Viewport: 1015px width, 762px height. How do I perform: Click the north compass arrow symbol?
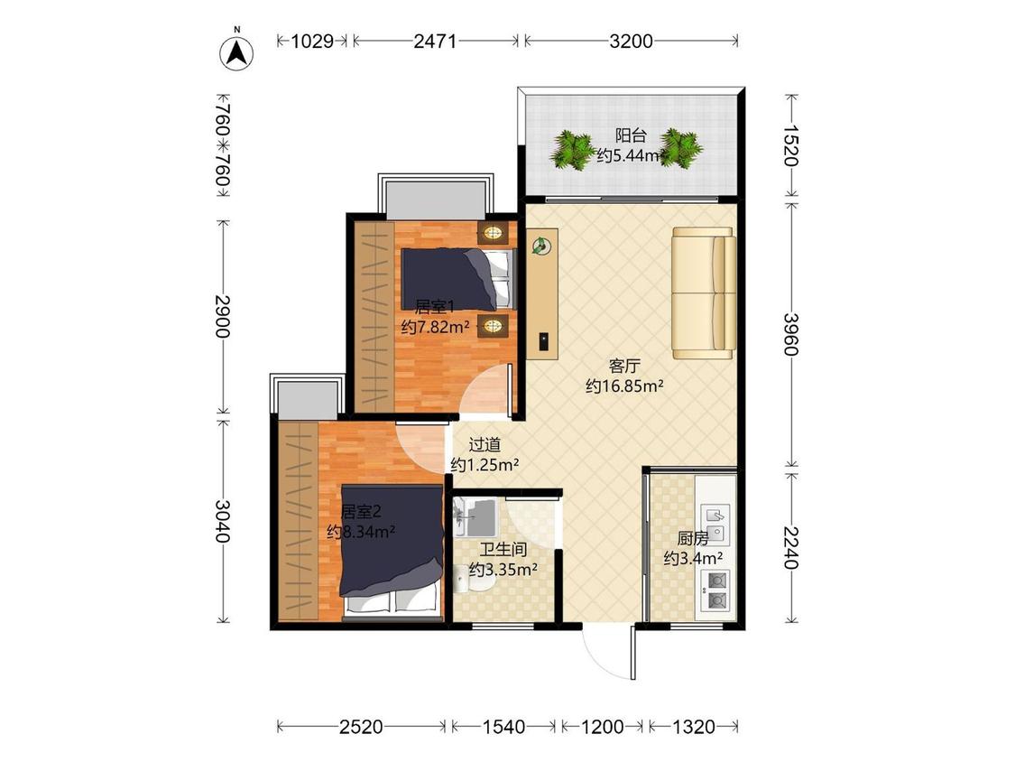237,52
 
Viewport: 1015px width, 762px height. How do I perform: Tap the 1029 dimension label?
312,42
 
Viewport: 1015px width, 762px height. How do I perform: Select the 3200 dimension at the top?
632,42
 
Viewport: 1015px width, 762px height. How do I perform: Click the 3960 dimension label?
791,334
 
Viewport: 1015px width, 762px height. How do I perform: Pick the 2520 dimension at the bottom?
361,727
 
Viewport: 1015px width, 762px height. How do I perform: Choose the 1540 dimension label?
503,727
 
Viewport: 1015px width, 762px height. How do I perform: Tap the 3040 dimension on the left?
223,521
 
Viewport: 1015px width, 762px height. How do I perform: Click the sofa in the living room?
704,293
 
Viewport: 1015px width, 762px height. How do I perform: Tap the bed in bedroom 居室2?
392,550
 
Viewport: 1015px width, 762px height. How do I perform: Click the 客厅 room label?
624,366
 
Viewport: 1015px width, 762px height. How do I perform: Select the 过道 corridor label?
484,444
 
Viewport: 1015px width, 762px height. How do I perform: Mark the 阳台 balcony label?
631,135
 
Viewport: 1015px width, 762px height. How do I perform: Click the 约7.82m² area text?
435,327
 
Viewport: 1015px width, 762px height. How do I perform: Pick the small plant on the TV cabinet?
540,246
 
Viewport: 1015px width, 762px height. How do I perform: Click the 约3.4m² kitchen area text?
693,558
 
